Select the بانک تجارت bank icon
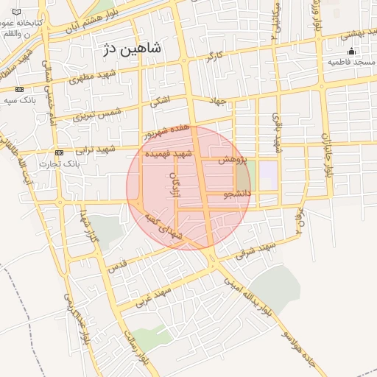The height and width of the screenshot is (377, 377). click(x=60, y=153)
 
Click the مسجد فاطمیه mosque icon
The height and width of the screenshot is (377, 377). click(x=351, y=51)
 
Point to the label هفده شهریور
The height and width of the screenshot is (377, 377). click(x=167, y=133)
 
